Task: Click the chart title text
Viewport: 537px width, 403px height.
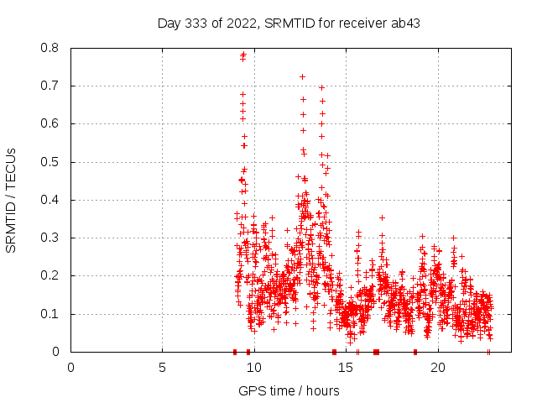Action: (289, 23)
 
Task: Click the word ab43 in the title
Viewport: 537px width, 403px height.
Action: (405, 23)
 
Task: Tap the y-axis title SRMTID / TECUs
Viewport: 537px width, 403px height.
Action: (12, 200)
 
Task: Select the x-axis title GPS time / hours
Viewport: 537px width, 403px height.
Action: (289, 390)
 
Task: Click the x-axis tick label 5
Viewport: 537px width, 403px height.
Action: (163, 367)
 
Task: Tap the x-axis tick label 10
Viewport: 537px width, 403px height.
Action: (254, 367)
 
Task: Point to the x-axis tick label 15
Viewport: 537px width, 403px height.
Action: (347, 367)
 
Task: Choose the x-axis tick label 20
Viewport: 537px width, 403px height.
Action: (438, 367)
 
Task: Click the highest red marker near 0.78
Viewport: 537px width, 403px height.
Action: (243, 55)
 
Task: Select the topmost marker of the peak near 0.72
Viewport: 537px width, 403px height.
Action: (302, 77)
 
